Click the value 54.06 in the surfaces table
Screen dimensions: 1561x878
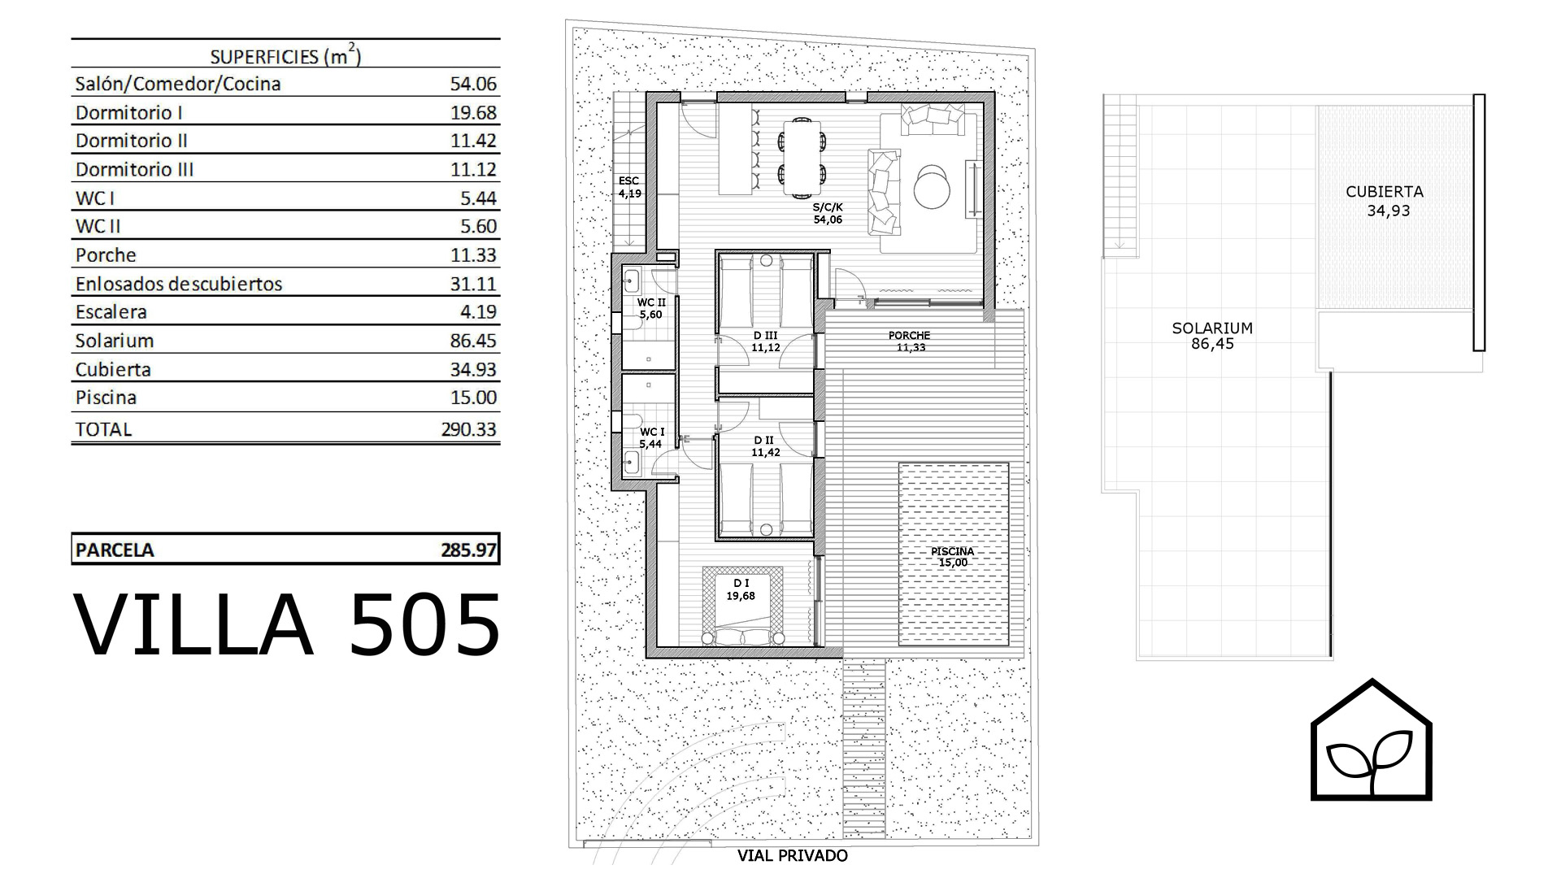pos(473,84)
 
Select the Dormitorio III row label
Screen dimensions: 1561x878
pos(134,169)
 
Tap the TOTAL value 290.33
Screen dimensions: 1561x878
pos(468,429)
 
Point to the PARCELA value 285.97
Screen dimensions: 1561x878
pos(468,550)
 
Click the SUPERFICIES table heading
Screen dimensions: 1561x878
pos(285,56)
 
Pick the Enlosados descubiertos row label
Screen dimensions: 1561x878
pos(179,284)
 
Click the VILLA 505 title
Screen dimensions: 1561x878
pos(287,624)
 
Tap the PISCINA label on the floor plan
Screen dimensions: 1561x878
pos(952,551)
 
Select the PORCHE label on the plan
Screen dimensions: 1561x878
pos(909,335)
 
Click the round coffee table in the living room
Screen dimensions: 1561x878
pos(932,187)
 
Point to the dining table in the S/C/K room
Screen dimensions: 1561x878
pos(802,158)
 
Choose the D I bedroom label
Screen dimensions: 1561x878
pos(741,583)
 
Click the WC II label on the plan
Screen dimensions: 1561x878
pos(650,302)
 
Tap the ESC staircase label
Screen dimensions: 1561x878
pos(628,180)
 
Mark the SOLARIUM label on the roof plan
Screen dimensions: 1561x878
pos(1212,328)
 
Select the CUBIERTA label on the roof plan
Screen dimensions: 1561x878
pos(1385,192)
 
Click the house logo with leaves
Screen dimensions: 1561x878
pos(1372,739)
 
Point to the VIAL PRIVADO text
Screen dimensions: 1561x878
pos(793,855)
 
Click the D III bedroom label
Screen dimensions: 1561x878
pos(765,335)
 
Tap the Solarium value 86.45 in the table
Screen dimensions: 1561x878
pos(473,341)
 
